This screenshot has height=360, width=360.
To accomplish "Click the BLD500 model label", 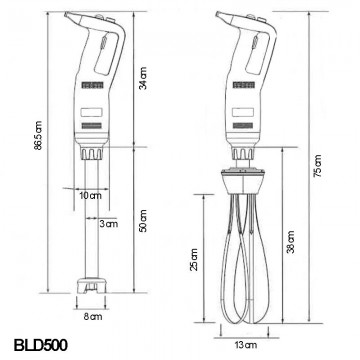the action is pos(40,345).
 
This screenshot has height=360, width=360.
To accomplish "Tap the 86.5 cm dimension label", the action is pos(39,135).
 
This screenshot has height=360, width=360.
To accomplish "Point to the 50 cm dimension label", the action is pos(143,221).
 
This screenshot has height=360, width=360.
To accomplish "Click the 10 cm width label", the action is pos(90,196).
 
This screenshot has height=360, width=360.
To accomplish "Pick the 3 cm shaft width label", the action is pos(108,224).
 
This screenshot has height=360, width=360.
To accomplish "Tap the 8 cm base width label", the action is pos(93,316).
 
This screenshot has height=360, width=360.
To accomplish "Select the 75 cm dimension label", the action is pos(318,166).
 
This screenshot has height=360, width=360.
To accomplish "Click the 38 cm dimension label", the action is pos(291,242).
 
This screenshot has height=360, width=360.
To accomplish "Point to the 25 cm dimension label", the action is pos(194,259).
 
